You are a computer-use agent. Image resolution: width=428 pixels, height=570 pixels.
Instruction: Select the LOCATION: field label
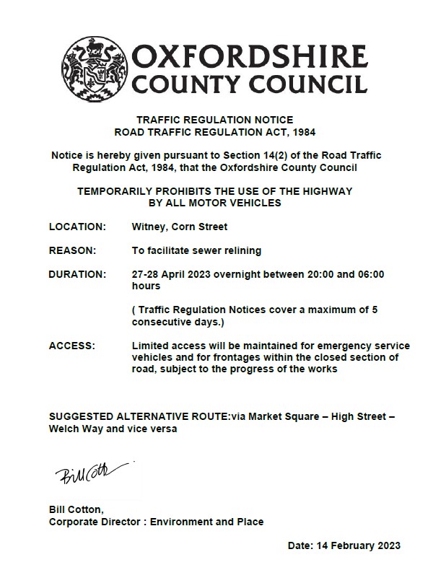(x=77, y=227)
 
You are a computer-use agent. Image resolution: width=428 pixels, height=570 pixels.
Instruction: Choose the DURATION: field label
(x=77, y=274)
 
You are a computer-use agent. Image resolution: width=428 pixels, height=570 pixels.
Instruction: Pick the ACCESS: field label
(x=71, y=346)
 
